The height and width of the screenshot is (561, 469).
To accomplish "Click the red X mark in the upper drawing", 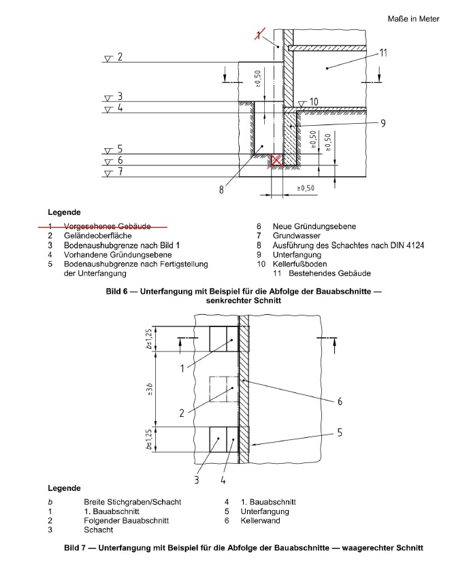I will click(276, 161).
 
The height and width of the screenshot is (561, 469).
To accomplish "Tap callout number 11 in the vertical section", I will click(383, 52).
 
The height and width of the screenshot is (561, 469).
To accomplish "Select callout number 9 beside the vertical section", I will click(383, 123).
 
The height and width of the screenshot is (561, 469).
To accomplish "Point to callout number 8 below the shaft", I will click(221, 190).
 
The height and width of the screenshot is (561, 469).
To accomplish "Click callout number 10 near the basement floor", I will click(313, 102).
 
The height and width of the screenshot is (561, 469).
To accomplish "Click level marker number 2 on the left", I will click(119, 57).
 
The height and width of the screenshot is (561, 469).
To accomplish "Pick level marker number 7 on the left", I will click(119, 172).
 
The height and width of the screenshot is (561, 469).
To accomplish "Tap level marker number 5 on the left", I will click(119, 149).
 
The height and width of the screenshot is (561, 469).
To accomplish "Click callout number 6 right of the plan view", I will click(340, 401).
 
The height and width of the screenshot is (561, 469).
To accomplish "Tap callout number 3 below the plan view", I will click(196, 479).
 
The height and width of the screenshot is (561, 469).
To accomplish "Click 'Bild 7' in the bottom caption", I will click(77, 547).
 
